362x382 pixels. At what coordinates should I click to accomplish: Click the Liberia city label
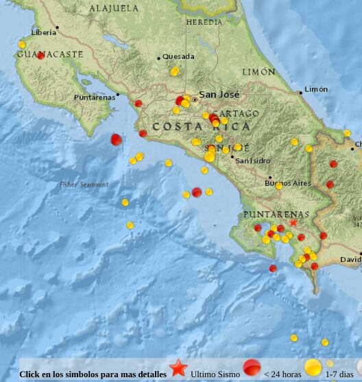44,32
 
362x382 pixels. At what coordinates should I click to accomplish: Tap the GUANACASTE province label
50,54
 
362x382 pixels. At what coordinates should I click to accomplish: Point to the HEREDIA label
204,23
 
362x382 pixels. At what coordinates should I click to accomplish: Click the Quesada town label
178,57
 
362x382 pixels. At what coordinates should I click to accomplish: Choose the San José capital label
219,95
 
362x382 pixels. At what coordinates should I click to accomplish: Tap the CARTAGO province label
235,113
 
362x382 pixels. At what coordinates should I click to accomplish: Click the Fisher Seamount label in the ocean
84,184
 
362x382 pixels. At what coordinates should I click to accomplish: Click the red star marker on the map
293,222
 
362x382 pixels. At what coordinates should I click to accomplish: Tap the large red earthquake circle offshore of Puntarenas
117,139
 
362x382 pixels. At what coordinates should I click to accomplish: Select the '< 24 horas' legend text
282,374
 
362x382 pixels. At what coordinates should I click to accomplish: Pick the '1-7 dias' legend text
340,374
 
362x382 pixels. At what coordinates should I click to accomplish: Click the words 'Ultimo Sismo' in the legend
215,374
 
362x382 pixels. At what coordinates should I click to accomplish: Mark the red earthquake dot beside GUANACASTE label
40,56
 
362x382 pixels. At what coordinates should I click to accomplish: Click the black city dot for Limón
300,92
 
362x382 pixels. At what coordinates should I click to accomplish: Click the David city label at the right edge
350,260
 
